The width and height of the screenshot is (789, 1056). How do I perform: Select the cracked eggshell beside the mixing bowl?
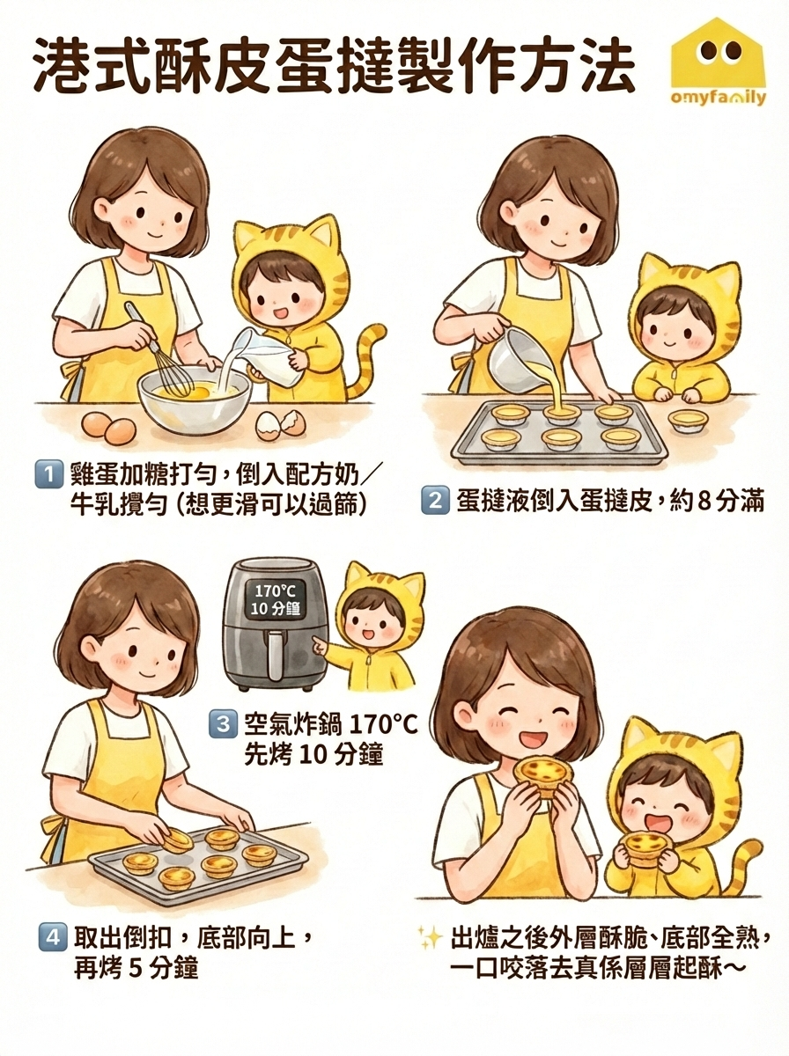[x=280, y=425]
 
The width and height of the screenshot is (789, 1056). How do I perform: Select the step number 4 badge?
[x=51, y=936]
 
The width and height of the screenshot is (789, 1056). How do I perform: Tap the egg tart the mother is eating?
[x=540, y=774]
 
